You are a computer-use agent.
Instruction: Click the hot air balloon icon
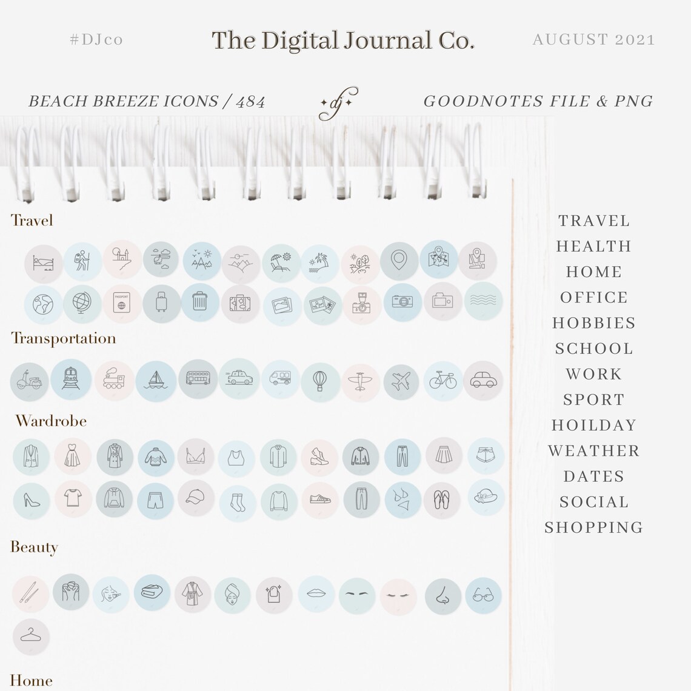pos(321,382)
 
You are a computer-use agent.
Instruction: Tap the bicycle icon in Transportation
pos(443,381)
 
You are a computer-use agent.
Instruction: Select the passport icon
pos(122,303)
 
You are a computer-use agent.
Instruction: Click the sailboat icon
pos(156,380)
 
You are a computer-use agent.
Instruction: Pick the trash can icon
pos(200,302)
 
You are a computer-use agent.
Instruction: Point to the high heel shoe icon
pos(32,500)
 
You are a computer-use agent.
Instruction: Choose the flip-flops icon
pos(441,499)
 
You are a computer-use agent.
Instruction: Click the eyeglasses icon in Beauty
pos(484,595)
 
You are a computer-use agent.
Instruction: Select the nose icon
pos(443,596)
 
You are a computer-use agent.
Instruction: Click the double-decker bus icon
pos(198,379)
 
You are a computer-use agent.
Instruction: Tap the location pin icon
pos(399,261)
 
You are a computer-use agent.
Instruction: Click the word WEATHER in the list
pos(593,451)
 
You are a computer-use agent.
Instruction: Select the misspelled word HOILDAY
pos(593,426)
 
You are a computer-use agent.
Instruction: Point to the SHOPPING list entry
pos(593,527)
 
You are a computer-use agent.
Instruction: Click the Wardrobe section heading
pos(51,421)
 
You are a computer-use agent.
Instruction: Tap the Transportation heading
pos(63,338)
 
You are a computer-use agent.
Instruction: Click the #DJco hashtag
pos(96,39)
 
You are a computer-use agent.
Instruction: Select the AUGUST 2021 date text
pos(593,39)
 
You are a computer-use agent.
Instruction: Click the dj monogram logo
pos(338,104)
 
